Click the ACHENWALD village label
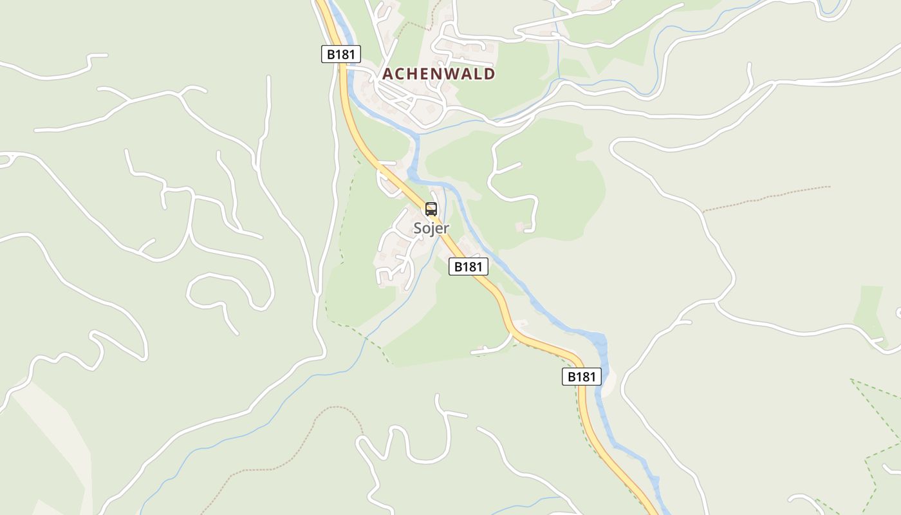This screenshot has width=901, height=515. click(439, 74)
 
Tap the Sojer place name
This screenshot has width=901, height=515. click(431, 228)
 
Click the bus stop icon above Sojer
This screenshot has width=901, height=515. click(431, 209)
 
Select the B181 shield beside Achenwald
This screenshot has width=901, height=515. click(340, 54)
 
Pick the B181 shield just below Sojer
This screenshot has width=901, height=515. click(469, 266)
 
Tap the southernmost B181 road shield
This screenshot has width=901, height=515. click(582, 377)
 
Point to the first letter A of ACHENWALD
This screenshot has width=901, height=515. click(387, 74)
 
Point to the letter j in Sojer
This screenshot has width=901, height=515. click(432, 229)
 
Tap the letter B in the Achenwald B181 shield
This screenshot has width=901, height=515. click(331, 54)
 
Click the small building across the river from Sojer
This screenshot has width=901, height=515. click(520, 227)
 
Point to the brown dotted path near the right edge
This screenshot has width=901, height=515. click(766, 198)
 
